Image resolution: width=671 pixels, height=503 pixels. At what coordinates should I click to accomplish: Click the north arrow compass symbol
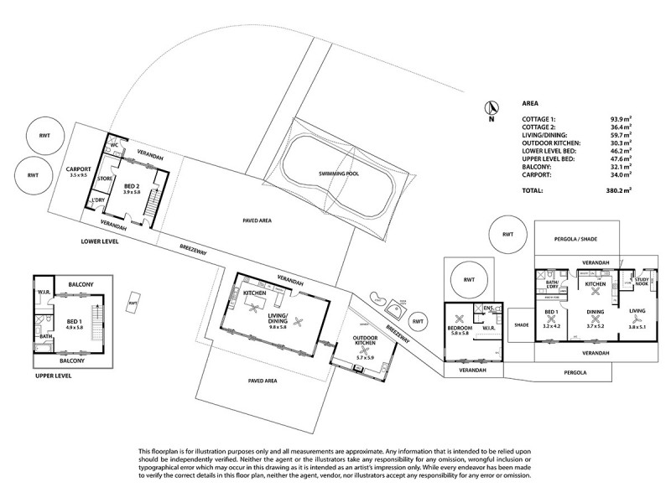tap(494, 108)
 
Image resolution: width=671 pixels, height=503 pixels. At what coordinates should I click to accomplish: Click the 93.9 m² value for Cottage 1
tap(621, 120)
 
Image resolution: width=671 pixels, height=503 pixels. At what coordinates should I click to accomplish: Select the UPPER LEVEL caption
tap(52, 376)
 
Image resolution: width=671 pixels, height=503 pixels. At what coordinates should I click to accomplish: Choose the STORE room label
tap(105, 179)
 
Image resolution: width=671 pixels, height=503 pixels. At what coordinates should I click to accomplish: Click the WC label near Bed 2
tap(114, 145)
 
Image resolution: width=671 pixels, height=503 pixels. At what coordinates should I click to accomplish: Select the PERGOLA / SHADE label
tap(575, 239)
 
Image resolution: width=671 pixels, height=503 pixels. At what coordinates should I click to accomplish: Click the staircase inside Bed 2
tap(153, 202)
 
